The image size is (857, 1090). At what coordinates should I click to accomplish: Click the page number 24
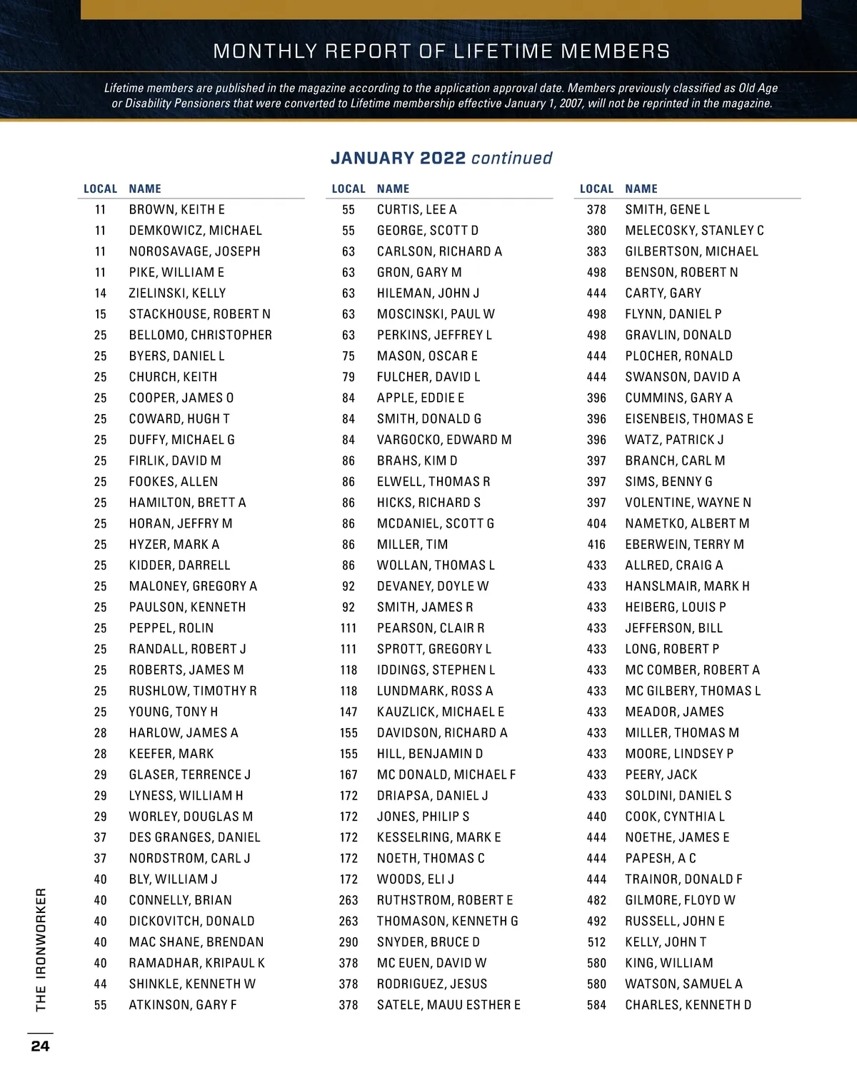click(x=40, y=1046)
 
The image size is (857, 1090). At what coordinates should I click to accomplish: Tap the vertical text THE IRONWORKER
click(x=41, y=949)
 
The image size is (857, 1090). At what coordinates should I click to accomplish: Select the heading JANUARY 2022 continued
click(x=441, y=158)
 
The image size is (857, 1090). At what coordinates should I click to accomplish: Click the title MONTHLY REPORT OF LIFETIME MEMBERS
click(x=441, y=51)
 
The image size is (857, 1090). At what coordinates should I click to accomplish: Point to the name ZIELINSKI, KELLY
click(x=177, y=293)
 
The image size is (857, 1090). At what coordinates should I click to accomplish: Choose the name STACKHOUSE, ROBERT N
click(x=199, y=314)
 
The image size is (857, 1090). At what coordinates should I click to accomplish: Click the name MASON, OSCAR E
click(x=427, y=356)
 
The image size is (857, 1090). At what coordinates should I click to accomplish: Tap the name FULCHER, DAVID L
click(x=428, y=377)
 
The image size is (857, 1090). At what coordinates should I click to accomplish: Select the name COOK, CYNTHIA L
click(x=675, y=817)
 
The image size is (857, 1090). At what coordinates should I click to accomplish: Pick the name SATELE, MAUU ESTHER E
click(x=448, y=1005)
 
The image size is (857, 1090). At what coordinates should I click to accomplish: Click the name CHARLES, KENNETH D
click(x=688, y=1005)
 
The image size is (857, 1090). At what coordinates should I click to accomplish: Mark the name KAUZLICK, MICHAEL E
click(x=441, y=712)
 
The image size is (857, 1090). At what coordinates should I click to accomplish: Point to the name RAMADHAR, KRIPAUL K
click(x=196, y=963)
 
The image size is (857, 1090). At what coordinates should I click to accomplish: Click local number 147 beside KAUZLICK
click(x=349, y=712)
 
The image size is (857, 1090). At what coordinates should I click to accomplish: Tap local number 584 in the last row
click(x=596, y=1005)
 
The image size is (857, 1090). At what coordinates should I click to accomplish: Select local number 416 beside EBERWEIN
click(x=596, y=545)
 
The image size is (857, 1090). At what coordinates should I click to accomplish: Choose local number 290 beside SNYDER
click(x=349, y=942)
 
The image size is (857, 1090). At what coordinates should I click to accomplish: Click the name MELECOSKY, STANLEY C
click(x=694, y=231)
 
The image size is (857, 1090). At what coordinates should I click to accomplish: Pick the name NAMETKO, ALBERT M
click(x=687, y=523)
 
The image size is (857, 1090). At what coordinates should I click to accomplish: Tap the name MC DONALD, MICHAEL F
click(x=446, y=774)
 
